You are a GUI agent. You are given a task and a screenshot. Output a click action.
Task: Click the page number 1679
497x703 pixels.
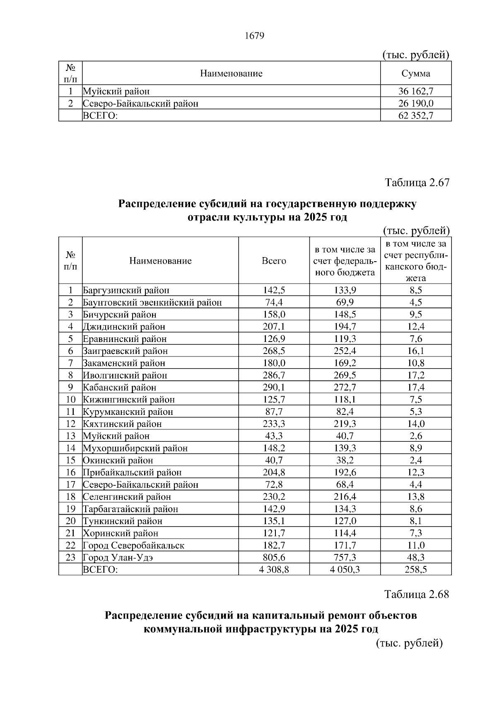[254, 36]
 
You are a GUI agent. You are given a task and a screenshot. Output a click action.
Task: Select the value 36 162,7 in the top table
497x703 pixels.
[416, 91]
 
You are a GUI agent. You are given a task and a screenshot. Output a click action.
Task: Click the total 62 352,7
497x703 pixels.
[416, 116]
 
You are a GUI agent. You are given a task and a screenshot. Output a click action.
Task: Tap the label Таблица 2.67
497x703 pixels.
[417, 183]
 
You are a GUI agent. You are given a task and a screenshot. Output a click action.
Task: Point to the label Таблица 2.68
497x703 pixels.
[417, 595]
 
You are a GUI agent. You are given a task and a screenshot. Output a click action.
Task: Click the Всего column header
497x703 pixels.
[274, 261]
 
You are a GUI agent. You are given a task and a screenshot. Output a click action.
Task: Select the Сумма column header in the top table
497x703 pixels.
[416, 74]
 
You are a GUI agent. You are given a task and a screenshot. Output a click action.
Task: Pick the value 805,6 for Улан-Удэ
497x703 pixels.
[274, 557]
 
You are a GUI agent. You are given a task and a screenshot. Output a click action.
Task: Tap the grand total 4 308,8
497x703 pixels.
[274, 569]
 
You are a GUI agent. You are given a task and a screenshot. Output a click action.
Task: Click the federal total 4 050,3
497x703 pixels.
[345, 569]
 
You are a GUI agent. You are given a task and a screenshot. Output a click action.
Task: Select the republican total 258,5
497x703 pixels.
[416, 569]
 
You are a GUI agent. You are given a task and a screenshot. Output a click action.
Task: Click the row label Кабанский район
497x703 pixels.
[120, 388]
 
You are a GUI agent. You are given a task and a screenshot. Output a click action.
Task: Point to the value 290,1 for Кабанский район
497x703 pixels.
[274, 388]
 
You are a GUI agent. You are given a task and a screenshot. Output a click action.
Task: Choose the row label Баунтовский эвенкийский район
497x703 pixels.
[152, 303]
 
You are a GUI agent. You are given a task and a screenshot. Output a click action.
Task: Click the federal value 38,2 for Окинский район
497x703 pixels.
[345, 460]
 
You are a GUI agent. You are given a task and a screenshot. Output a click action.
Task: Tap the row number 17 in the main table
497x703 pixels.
[70, 484]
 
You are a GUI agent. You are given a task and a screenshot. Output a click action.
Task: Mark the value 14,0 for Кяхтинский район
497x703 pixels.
[416, 424]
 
